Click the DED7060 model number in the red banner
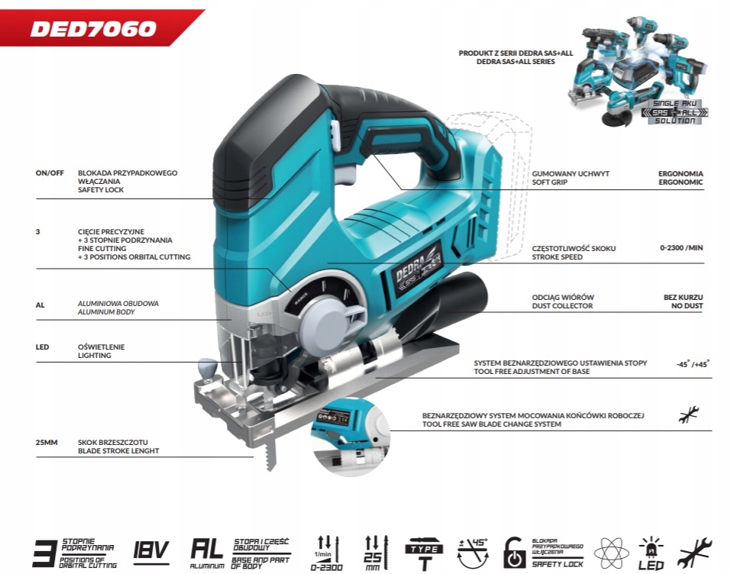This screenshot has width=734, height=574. coord(93,29)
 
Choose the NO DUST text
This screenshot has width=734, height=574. coord(684,306)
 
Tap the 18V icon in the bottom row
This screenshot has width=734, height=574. coord(151,550)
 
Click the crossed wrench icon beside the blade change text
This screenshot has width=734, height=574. coord(689,414)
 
